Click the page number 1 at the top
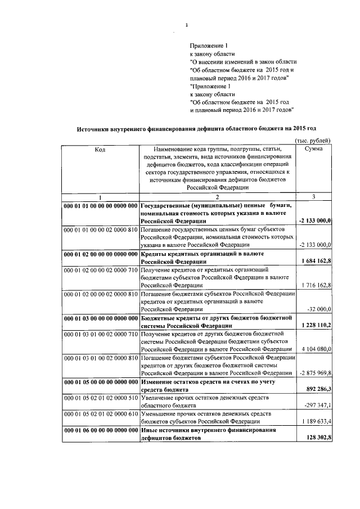tap(187, 25)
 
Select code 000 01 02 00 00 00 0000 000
tap(101, 254)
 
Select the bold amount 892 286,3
tap(317, 389)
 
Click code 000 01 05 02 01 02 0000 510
tap(101, 398)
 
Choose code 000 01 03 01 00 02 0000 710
tap(101, 334)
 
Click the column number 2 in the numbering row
tap(217, 196)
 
